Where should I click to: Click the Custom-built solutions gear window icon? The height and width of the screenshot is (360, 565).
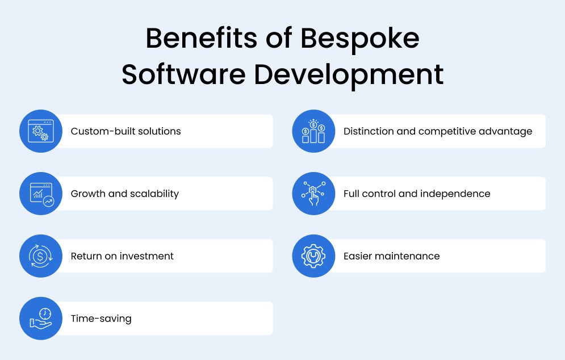[40, 131]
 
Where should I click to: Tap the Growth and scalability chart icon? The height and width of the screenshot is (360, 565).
[40, 194]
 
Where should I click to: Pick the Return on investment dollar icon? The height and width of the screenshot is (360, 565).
[40, 256]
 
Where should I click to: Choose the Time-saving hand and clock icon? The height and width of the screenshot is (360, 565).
[40, 319]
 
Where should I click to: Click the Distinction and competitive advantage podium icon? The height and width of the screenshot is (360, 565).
[313, 131]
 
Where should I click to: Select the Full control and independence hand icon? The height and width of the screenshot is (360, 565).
[313, 194]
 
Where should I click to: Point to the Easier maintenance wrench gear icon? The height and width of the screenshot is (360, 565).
[313, 256]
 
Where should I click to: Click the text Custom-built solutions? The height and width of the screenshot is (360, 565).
[125, 131]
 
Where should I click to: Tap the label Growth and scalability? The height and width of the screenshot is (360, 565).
[124, 194]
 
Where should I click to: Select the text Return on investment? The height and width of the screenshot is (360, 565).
[122, 256]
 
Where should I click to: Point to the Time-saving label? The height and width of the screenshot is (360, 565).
[101, 319]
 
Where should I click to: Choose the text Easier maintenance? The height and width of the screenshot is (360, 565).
[391, 256]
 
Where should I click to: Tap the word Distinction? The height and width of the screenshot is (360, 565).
[368, 131]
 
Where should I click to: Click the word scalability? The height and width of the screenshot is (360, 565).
[154, 194]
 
